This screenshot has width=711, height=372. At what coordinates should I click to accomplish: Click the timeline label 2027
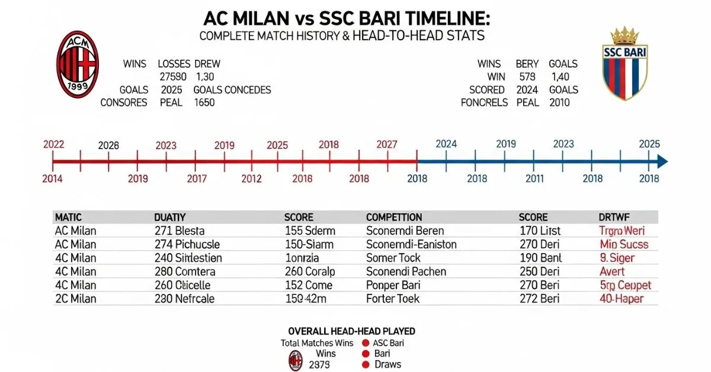[x=387, y=145]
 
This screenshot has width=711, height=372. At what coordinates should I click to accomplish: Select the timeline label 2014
[x=53, y=178]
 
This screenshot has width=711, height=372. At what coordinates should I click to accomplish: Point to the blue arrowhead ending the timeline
[x=662, y=161]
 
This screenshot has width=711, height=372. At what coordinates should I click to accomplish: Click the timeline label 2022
[x=53, y=144]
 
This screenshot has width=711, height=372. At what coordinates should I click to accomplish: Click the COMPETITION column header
[x=394, y=217]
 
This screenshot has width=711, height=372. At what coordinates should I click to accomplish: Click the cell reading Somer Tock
[x=393, y=258]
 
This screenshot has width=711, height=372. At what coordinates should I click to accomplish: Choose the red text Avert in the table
[x=612, y=271]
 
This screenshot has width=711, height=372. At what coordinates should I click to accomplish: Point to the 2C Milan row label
[x=75, y=299]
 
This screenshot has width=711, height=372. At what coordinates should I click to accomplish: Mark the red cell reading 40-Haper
[x=622, y=299]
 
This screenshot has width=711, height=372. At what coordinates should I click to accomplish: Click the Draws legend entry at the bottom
[x=387, y=364]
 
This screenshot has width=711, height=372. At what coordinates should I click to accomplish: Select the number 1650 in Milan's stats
[x=204, y=102]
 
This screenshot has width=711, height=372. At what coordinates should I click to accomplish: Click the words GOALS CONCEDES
[x=232, y=90]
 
